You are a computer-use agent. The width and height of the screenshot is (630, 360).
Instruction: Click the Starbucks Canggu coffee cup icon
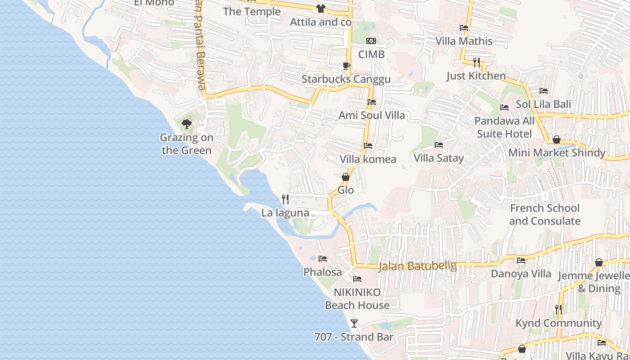(346, 66)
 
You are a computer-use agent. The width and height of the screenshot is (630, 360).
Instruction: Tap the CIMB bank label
(371, 54)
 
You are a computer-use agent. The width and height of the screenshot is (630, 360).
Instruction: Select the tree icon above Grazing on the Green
(187, 124)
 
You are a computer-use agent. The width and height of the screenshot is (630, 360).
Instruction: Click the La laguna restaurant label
(285, 213)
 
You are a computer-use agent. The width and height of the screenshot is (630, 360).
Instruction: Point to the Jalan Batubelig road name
(417, 266)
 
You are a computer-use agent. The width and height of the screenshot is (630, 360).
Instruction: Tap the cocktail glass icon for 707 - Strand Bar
(354, 323)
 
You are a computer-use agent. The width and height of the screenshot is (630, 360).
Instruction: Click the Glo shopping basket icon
(346, 177)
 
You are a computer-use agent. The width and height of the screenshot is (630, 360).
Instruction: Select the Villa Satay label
(438, 158)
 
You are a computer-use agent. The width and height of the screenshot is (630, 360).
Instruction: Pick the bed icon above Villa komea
(368, 146)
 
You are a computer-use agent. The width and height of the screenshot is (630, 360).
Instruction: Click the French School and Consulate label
(544, 215)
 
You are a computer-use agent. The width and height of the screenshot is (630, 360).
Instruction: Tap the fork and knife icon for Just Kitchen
(477, 62)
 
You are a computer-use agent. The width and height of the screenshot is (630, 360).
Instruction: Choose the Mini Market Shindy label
(557, 153)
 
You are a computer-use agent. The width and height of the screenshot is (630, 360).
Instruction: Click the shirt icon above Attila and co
(320, 8)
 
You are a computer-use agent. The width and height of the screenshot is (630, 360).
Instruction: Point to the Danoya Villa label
(521, 274)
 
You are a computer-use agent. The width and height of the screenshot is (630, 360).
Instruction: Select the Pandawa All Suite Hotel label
(504, 127)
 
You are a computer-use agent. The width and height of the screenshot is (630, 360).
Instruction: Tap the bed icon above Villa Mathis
(464, 28)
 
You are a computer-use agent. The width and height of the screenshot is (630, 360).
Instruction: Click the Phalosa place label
(323, 272)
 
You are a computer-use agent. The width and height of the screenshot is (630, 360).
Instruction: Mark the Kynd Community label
(558, 323)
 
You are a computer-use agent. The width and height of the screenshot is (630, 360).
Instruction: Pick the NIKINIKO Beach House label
(357, 299)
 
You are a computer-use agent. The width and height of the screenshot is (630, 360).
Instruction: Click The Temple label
(252, 12)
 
